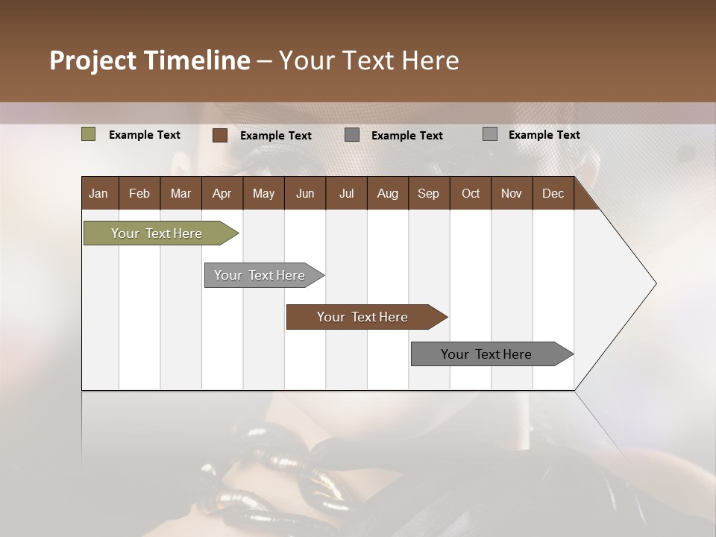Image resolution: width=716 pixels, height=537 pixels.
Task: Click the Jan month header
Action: [x=98, y=193]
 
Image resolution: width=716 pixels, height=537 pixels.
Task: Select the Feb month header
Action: [x=139, y=193]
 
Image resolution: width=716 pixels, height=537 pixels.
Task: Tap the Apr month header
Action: [x=222, y=193]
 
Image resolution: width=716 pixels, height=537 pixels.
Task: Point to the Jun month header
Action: [x=305, y=193]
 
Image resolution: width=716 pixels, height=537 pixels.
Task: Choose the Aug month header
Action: [x=387, y=193]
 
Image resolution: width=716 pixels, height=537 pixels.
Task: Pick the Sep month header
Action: [x=428, y=193]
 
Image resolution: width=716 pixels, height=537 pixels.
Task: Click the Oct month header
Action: [x=471, y=193]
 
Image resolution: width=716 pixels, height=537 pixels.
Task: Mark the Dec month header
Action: [x=553, y=193]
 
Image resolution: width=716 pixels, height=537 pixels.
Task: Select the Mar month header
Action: [x=180, y=193]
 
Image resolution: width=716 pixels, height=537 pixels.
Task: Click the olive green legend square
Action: [x=88, y=134]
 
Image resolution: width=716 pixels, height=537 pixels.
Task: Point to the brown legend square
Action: [x=219, y=135]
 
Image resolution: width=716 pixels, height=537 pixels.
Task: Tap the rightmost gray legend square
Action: [x=489, y=134]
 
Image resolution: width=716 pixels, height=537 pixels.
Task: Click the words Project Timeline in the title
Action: [x=149, y=60]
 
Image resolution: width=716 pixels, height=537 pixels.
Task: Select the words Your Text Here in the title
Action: [x=369, y=60]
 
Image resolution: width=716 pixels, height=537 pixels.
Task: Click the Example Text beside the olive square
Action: [x=145, y=135]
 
